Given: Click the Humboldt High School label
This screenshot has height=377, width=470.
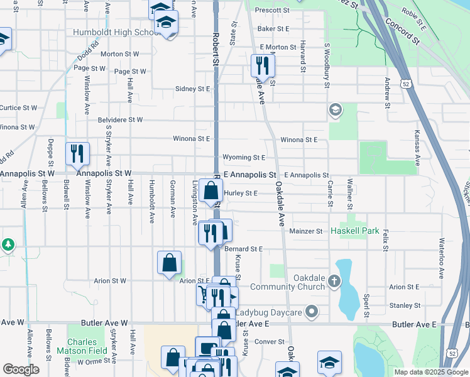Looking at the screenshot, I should (x=116, y=33).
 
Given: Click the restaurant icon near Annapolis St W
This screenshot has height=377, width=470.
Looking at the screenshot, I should (x=77, y=153).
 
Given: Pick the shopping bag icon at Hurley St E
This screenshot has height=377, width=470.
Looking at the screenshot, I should (x=211, y=190).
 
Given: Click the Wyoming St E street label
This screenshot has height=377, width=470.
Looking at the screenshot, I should (x=244, y=157).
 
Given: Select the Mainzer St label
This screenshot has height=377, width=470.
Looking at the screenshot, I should (x=306, y=231).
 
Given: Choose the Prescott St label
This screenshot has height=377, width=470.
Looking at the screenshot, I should (x=271, y=9).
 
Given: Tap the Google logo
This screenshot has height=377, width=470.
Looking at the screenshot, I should (x=21, y=369).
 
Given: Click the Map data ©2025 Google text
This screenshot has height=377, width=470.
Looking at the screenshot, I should (x=430, y=372).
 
